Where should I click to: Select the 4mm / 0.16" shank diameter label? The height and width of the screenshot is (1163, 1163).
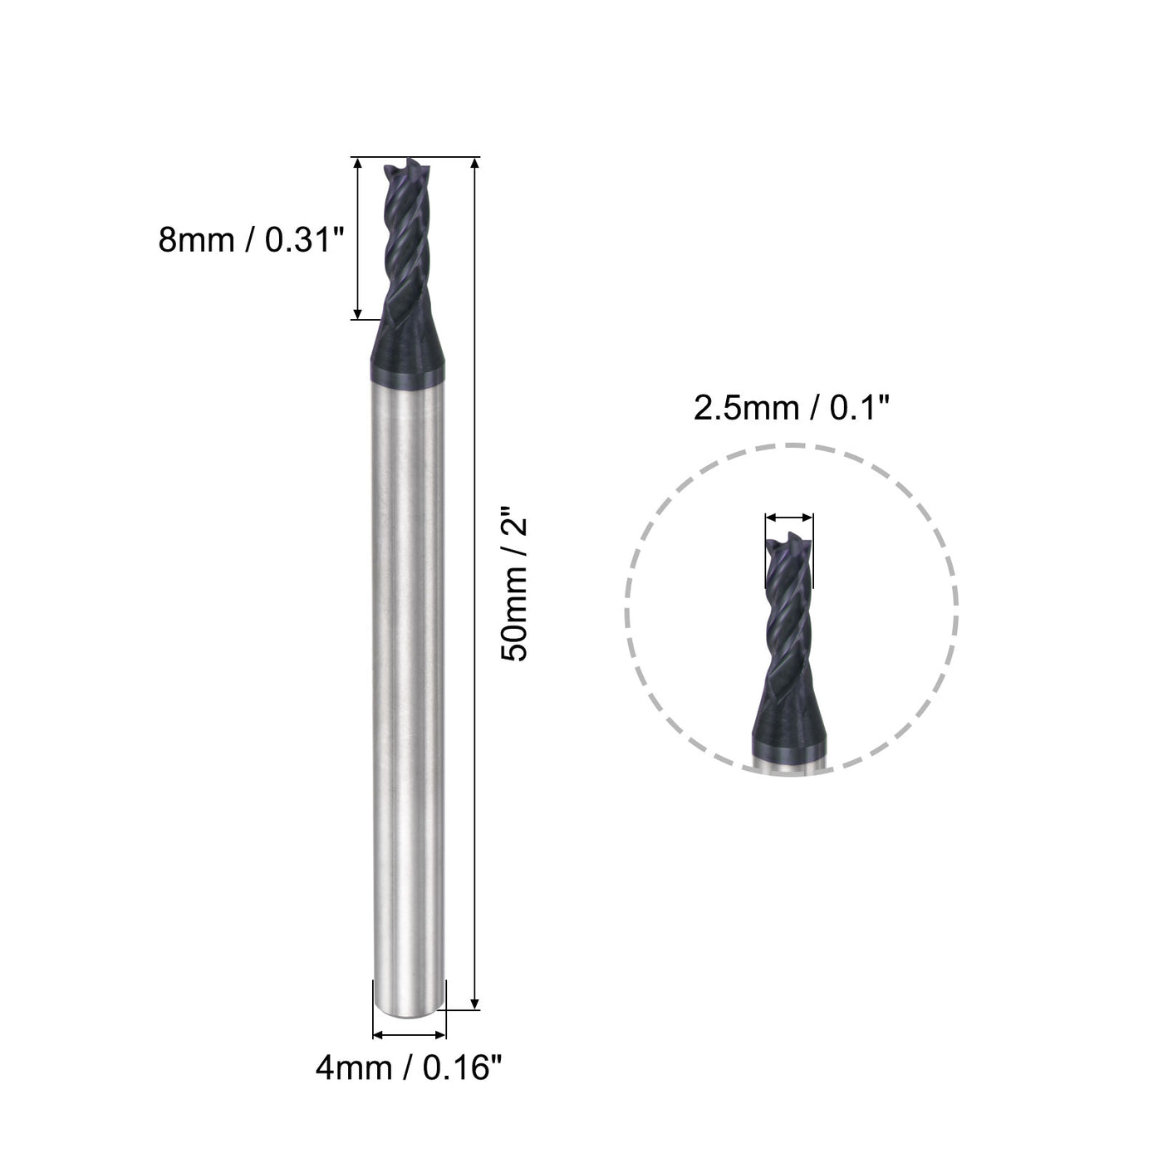(409, 1067)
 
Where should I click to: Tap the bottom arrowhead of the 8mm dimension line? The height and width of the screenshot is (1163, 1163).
(357, 312)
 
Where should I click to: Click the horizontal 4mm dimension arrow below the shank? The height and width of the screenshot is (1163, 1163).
(410, 1035)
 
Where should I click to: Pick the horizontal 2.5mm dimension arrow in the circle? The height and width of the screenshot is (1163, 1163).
(789, 518)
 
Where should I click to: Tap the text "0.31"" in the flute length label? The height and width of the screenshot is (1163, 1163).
(304, 241)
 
